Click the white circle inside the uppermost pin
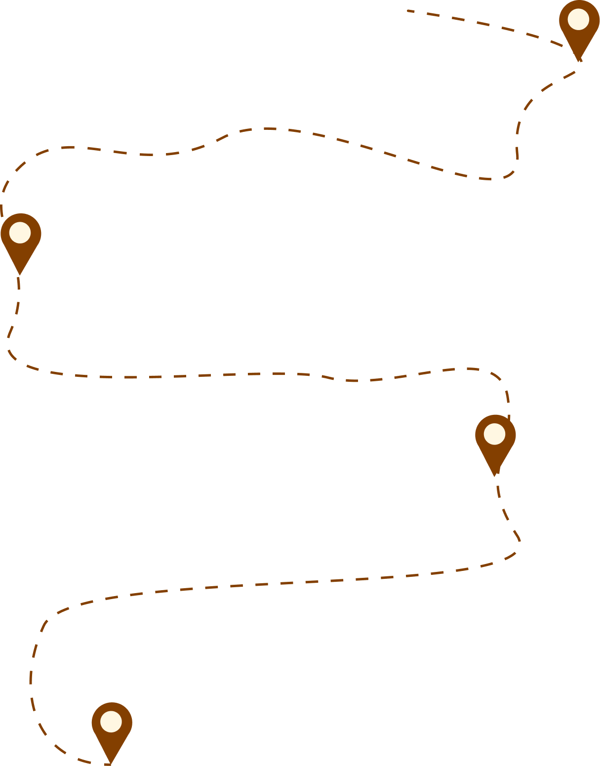pyautogui.click(x=578, y=20)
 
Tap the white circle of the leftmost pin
pyautogui.click(x=20, y=233)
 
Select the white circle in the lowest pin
pyautogui.click(x=111, y=722)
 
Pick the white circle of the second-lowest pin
pyautogui.click(x=494, y=434)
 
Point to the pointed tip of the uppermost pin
pyautogui.click(x=579, y=61)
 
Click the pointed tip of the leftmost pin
pyautogui.click(x=20, y=274)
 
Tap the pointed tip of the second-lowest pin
pyautogui.click(x=494, y=475)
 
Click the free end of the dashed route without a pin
pyautogui.click(x=408, y=10)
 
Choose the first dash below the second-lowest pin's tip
pyautogui.click(x=498, y=491)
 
